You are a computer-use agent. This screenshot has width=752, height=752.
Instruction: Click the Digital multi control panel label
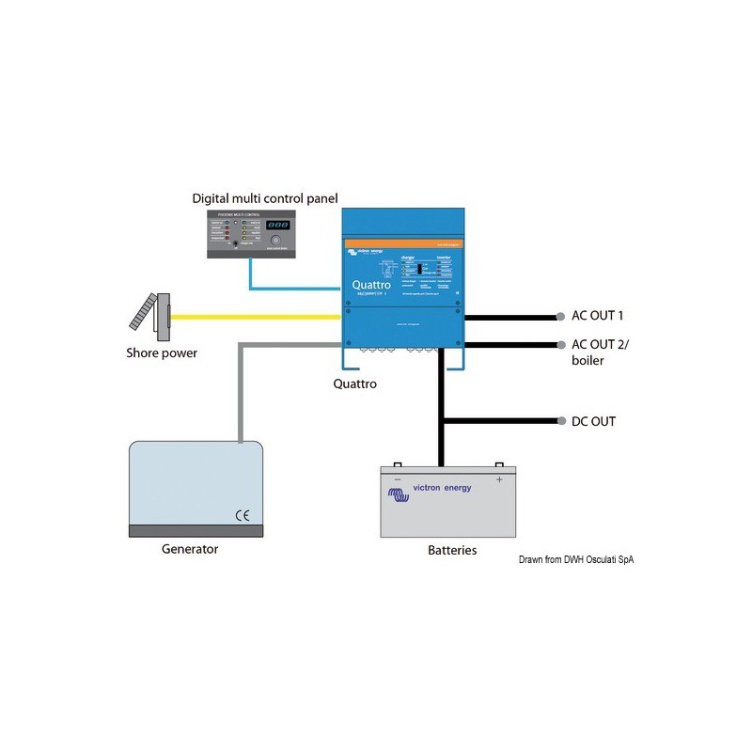(x=264, y=198)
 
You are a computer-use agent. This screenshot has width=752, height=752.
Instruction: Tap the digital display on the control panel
(x=277, y=227)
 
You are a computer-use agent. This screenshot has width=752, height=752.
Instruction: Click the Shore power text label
(x=162, y=353)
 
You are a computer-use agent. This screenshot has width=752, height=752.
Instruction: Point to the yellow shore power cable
(x=254, y=317)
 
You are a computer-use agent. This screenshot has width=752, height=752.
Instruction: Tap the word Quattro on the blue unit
(x=371, y=285)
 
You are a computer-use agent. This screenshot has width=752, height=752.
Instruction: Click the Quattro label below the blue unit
(x=355, y=384)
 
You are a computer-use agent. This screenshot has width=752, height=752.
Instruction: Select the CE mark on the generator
(x=242, y=514)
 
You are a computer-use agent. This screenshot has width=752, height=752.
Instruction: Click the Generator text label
(x=189, y=549)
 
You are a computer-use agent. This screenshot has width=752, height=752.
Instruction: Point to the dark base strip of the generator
(x=196, y=530)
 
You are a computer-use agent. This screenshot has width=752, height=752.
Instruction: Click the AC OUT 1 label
(x=597, y=316)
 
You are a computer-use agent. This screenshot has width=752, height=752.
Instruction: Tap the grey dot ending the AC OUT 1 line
(x=561, y=317)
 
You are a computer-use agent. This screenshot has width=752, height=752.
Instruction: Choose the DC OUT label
(x=593, y=421)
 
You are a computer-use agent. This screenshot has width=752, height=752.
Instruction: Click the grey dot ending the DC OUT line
(x=561, y=421)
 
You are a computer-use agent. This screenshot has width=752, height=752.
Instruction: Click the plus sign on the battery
(x=499, y=479)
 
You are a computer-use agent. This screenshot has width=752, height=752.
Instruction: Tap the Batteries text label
(x=446, y=550)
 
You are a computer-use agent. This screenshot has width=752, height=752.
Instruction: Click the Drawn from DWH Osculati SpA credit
(x=576, y=560)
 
